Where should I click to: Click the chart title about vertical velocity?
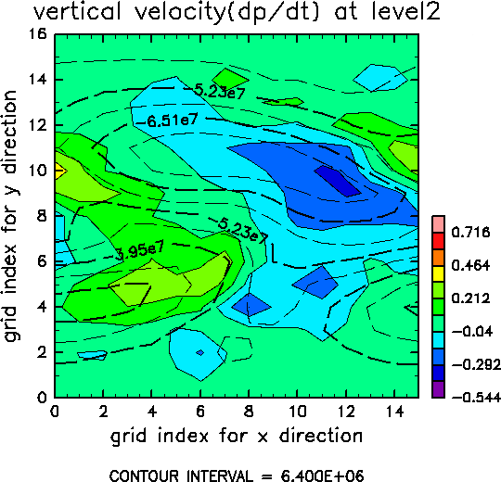click(x=237, y=13)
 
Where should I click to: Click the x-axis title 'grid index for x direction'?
click(x=237, y=436)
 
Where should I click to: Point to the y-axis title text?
click(x=10, y=216)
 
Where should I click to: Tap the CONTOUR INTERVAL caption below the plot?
click(x=237, y=476)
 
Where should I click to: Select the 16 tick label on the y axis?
click(x=38, y=33)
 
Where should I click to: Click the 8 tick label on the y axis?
click(x=42, y=216)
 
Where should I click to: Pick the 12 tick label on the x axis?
click(x=346, y=412)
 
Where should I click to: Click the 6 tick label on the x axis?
click(x=200, y=412)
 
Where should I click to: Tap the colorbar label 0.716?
click(x=470, y=232)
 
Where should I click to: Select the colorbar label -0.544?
click(x=476, y=398)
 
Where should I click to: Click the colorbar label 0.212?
click(x=470, y=298)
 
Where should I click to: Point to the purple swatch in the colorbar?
click(x=438, y=389)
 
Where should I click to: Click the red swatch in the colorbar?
click(x=438, y=241)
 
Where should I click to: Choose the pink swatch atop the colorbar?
click(x=438, y=224)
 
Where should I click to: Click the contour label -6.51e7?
click(x=167, y=120)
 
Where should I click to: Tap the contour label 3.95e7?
click(x=140, y=250)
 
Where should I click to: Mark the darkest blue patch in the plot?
click(x=338, y=181)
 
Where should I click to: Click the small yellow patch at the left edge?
click(x=60, y=171)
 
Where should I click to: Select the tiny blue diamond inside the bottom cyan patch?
click(x=200, y=352)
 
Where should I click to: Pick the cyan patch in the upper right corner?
click(x=380, y=78)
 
